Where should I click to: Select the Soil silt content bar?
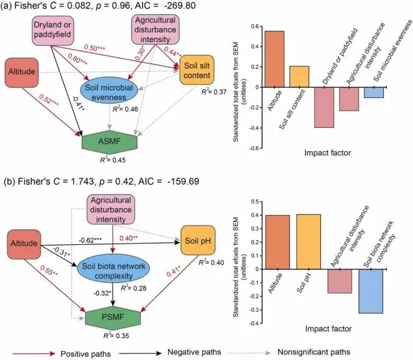[x=298, y=76]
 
